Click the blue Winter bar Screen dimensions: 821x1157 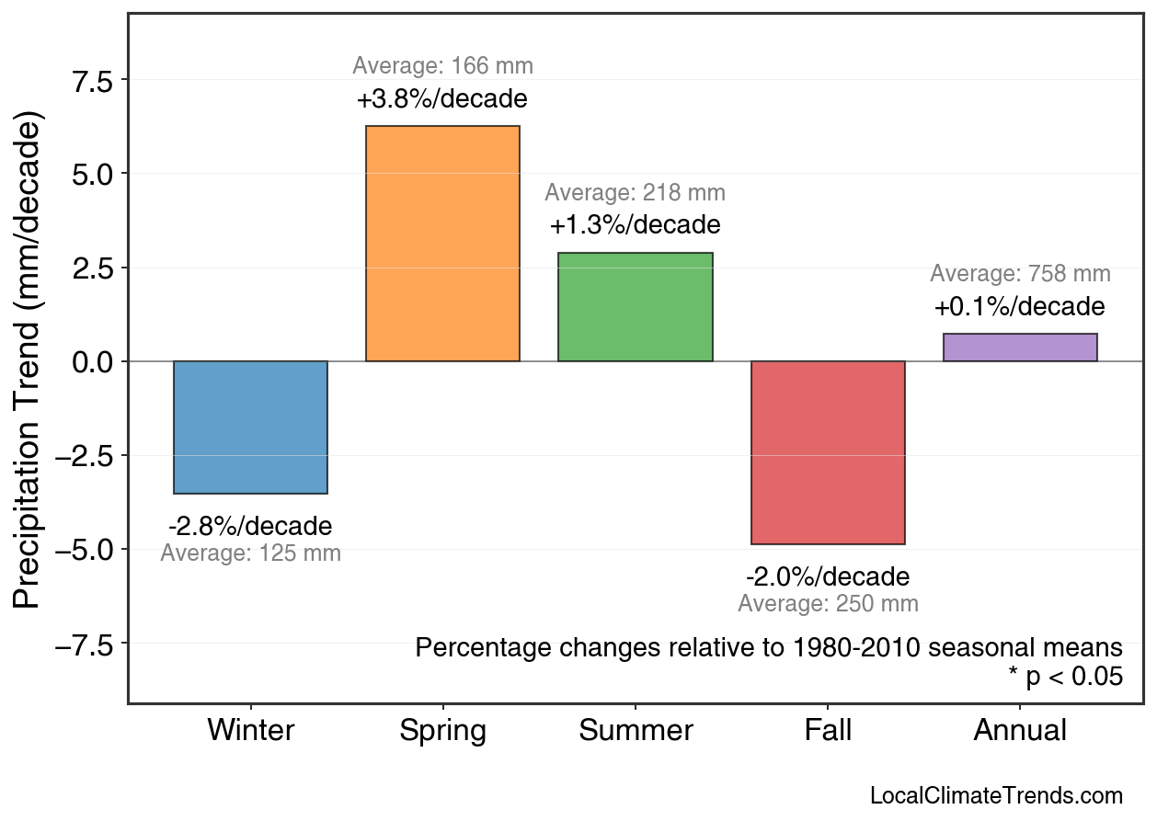tap(250, 428)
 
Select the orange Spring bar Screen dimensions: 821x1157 tap(442, 244)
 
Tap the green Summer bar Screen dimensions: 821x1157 tap(635, 307)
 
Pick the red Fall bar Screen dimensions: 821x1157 tap(828, 452)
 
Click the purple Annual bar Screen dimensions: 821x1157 tap(1020, 348)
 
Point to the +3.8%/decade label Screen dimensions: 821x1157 tap(442, 99)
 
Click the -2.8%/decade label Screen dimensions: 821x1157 tap(250, 527)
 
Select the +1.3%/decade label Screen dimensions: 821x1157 tap(635, 225)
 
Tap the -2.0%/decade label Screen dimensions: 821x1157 tap(828, 577)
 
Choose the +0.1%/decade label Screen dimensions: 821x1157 tap(1020, 307)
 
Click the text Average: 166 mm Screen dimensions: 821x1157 tap(442, 66)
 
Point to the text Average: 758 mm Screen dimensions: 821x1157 tap(1020, 274)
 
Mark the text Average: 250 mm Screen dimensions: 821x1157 tap(828, 604)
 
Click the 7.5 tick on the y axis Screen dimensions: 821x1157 tap(91, 80)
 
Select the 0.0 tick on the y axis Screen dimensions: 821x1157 tap(91, 361)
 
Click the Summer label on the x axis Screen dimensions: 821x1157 tap(636, 731)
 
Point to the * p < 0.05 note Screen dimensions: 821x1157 tap(1065, 678)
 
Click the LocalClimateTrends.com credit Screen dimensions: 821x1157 tap(996, 796)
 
